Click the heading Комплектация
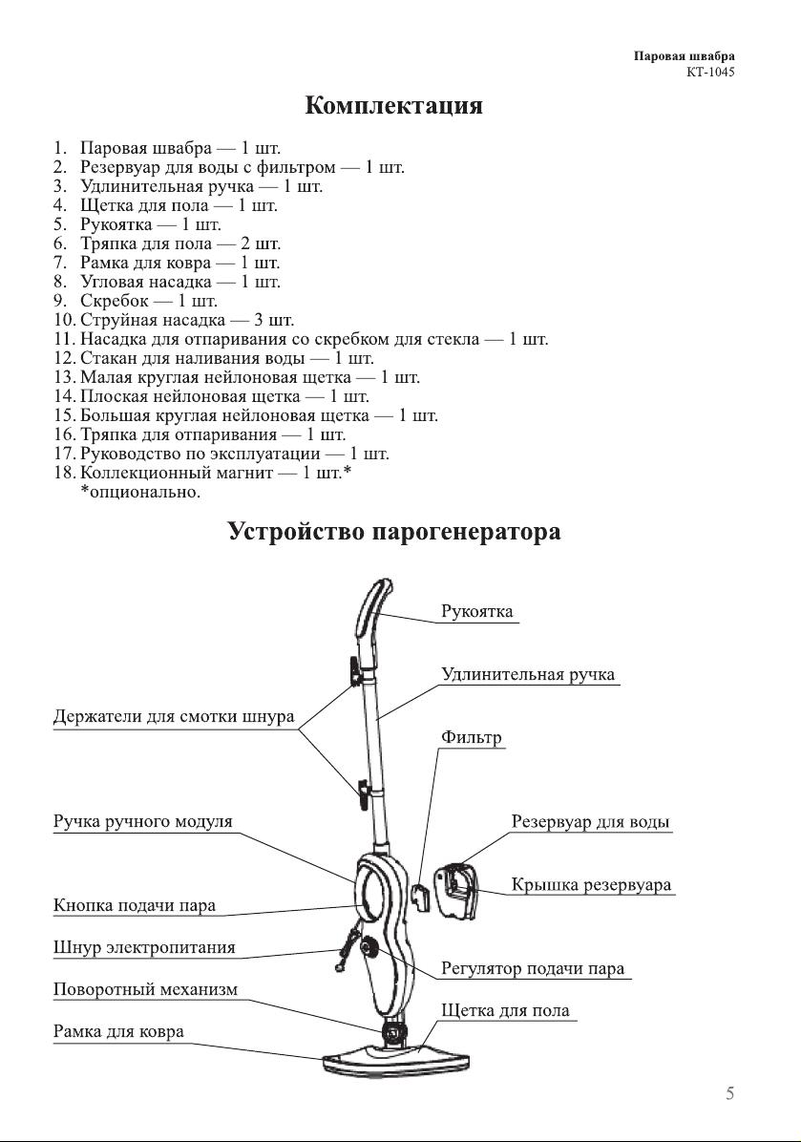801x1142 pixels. tap(393, 106)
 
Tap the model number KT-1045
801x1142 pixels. tap(710, 73)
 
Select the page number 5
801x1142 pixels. tap(729, 1094)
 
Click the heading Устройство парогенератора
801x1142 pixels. tap(394, 532)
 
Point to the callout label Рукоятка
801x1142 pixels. tap(477, 612)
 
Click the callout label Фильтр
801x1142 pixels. tap(471, 738)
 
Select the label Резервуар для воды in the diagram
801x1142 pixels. tap(590, 822)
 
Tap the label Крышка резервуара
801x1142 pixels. tap(591, 886)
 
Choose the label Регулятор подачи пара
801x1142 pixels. tap(533, 969)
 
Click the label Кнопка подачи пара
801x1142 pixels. tap(134, 906)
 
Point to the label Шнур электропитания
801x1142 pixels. tap(144, 948)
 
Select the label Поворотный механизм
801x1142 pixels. tap(145, 990)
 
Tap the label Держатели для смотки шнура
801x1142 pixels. tap(174, 717)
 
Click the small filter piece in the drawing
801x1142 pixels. tap(419, 898)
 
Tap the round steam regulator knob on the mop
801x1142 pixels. tap(368, 948)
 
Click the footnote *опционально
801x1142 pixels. tap(139, 493)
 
